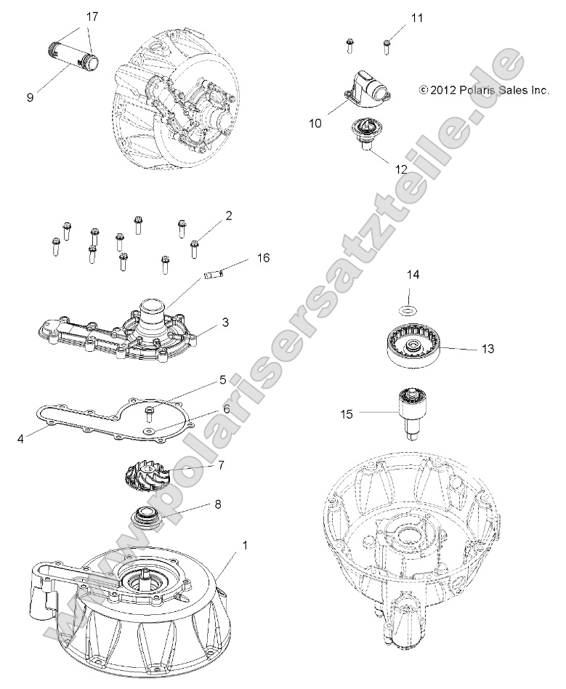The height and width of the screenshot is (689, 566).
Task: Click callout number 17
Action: tap(92, 16)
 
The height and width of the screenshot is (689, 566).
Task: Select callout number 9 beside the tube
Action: tap(30, 97)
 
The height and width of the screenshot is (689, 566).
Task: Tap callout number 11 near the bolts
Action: tap(416, 17)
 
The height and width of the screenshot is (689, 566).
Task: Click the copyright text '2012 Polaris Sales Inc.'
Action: tap(482, 90)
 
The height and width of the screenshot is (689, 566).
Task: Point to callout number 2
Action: tap(228, 215)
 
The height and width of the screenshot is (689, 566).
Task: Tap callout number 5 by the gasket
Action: tap(223, 379)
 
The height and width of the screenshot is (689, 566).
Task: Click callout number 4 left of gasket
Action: tap(23, 438)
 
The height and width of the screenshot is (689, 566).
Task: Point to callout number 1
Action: tap(243, 544)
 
